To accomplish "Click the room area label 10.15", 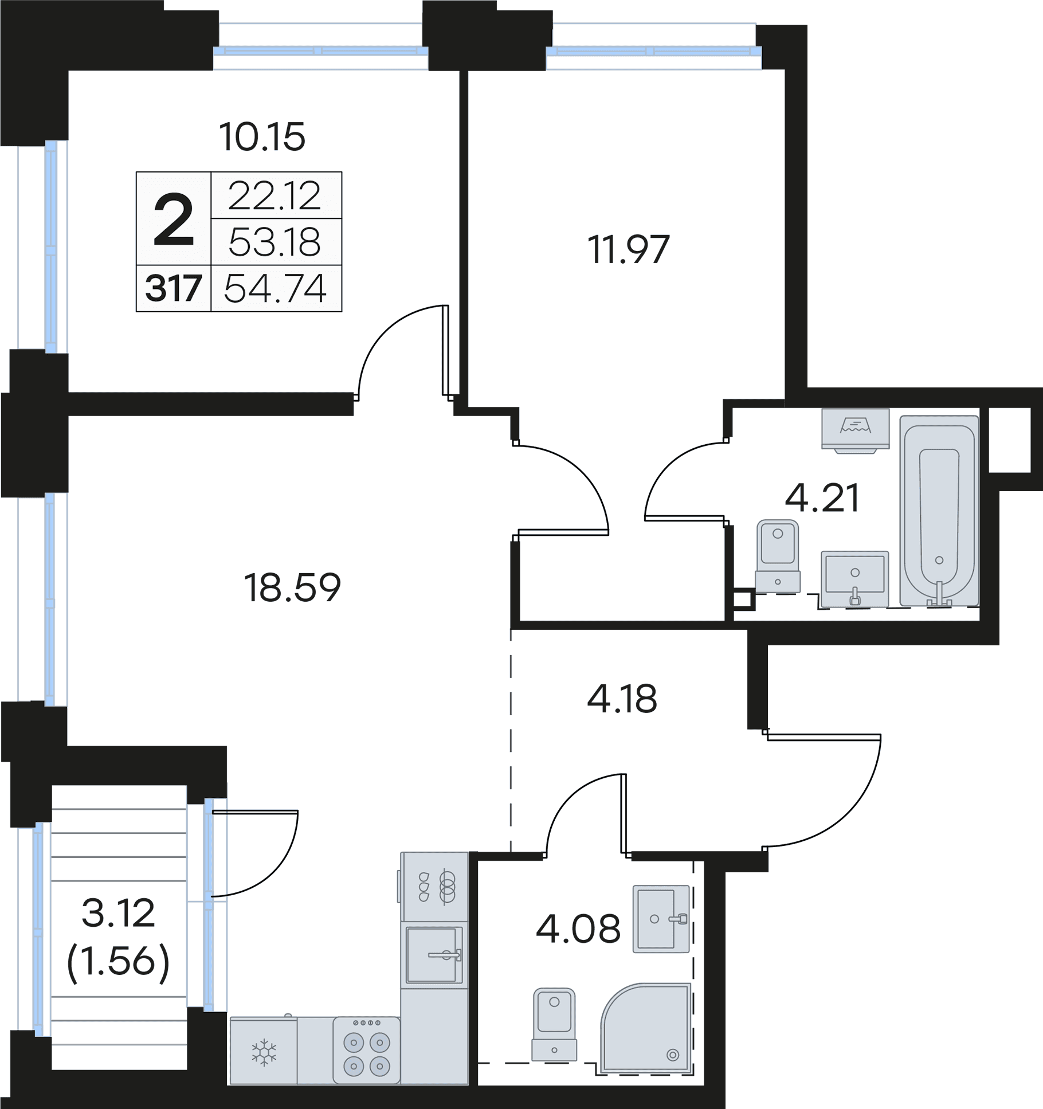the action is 262,137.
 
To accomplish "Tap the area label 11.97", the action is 629,249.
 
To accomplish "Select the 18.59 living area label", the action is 292,587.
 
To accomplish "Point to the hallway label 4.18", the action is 622,699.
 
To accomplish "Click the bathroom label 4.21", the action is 822,498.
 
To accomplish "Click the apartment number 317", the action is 173,288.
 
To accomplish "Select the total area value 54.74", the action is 275,288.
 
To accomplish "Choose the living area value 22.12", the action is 275,196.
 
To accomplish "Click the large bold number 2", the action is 174,220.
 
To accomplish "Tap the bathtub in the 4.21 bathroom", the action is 939,511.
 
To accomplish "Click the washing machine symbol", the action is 855,430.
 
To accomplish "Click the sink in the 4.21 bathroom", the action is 854,578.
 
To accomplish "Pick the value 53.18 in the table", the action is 275,242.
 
